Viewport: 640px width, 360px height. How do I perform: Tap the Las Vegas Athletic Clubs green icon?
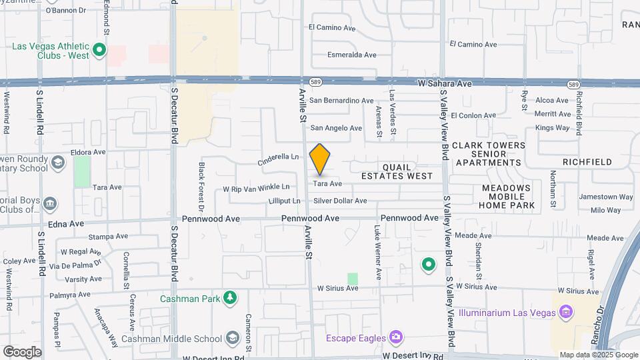point(99,50)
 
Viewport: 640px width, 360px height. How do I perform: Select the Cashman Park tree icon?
point(230,297)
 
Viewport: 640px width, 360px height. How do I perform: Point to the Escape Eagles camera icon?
point(397,337)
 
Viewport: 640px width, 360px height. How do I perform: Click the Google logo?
point(23,351)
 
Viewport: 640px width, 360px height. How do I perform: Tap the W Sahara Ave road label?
point(445,84)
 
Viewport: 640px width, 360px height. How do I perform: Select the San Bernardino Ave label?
point(341,101)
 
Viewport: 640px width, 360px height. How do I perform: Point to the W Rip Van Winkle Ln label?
point(257,188)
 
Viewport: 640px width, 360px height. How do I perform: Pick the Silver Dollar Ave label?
point(340,201)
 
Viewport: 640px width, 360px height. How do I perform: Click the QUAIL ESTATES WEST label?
point(397,171)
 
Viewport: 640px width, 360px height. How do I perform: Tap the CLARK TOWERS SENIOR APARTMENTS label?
point(489,154)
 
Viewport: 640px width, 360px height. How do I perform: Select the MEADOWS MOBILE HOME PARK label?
point(507,197)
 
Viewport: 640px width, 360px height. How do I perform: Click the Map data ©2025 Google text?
point(597,355)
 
